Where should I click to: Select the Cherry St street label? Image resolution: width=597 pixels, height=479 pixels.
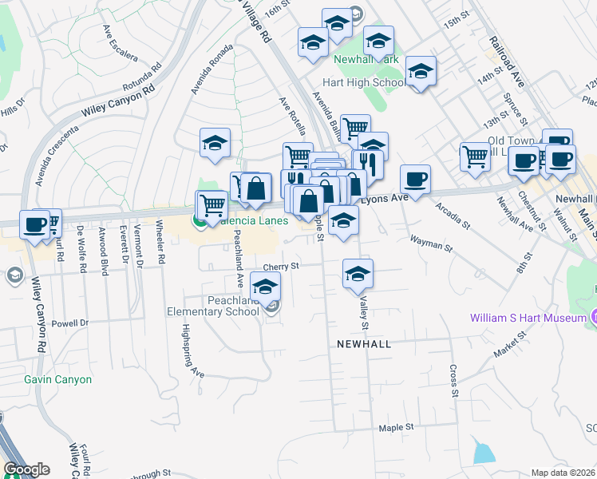click(281, 266)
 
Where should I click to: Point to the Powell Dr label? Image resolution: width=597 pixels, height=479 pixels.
click(66, 324)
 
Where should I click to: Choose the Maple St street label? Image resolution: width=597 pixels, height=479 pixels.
click(397, 427)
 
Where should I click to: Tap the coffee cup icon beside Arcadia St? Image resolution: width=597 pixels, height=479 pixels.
click(415, 179)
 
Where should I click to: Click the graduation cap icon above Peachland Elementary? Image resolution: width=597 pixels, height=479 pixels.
click(265, 286)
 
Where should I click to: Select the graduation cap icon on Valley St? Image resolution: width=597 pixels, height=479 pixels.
click(358, 273)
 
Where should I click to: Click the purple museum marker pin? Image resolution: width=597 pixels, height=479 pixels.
click(594, 318)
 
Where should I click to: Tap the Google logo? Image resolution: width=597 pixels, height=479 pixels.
click(26, 470)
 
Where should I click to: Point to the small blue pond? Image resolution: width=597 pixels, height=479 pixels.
click(484, 453)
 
